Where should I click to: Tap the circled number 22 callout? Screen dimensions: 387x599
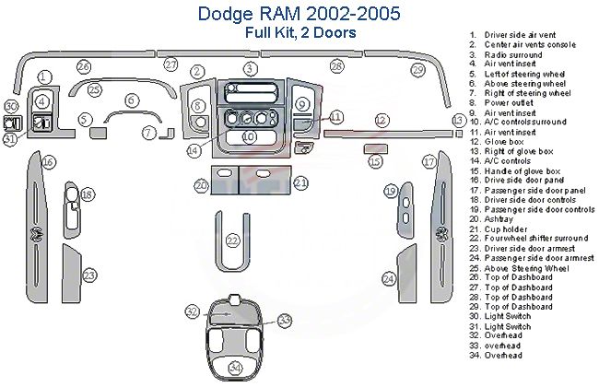(233, 241)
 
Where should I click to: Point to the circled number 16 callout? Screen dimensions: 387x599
(48, 162)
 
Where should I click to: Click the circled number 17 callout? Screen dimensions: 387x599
(429, 162)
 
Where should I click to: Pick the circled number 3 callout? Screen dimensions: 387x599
(249, 69)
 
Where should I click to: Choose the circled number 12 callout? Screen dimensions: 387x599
(381, 120)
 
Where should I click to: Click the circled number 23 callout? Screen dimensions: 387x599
(89, 275)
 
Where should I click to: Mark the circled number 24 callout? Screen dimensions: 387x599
(390, 278)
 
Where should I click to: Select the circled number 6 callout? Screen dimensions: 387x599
(132, 100)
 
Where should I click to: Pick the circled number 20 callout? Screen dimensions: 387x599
(201, 185)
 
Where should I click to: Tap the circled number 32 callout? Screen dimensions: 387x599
(192, 312)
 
